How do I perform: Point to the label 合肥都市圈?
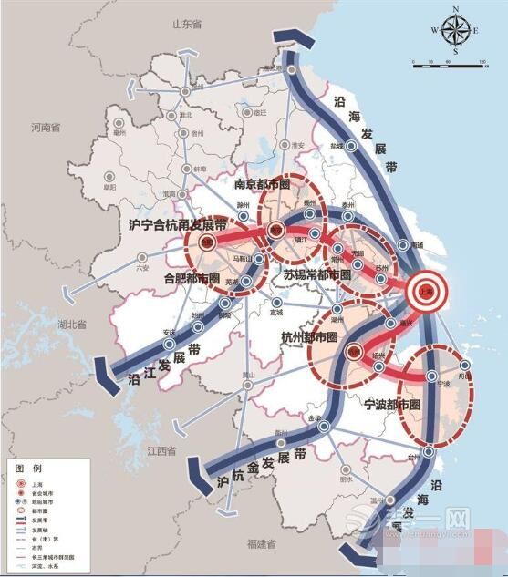tap(192, 276)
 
